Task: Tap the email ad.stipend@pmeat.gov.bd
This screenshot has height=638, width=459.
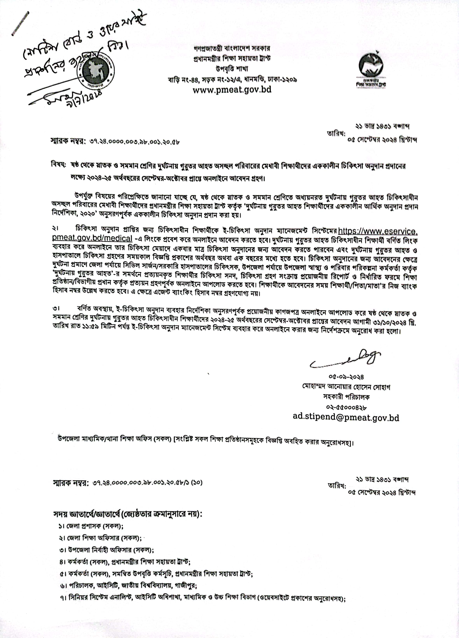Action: coord(346,417)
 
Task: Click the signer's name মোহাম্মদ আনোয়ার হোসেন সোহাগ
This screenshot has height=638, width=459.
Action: coord(346,387)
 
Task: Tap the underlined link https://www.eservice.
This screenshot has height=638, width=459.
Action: coord(378,231)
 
